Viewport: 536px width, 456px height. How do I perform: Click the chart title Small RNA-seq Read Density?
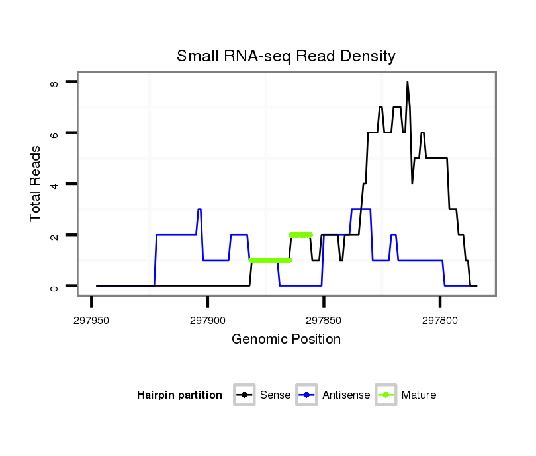[x=286, y=56]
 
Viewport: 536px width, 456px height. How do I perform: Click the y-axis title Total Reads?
[x=36, y=183]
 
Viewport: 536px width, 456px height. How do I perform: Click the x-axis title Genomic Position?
[x=286, y=340]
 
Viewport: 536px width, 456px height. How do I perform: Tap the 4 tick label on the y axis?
[x=55, y=184]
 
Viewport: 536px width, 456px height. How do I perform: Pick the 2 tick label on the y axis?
[x=55, y=235]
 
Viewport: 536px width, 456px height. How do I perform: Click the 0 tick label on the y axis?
[x=55, y=286]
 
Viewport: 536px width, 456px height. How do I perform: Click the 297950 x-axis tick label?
[x=91, y=320]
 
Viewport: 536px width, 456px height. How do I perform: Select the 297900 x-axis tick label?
[x=208, y=320]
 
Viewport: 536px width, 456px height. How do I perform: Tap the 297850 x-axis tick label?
[x=324, y=320]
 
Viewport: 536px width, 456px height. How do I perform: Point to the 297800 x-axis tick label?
[x=440, y=320]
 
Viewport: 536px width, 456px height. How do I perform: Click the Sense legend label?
[x=275, y=395]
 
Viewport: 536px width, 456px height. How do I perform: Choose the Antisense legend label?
[x=346, y=395]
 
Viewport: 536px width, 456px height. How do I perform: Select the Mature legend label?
[x=419, y=395]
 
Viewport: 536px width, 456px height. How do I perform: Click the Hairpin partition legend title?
[x=179, y=395]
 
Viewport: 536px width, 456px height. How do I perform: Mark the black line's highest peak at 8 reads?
[x=408, y=82]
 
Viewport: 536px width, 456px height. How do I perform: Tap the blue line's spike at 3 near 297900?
[x=199, y=209]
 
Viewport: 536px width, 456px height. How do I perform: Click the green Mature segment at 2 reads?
[x=300, y=235]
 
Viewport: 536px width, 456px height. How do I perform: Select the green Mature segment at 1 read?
[x=270, y=260]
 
